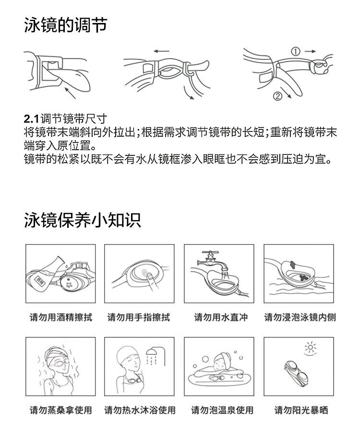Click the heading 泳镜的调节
coord(65,25)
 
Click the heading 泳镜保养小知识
coord(83,220)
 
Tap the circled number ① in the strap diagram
coord(295,51)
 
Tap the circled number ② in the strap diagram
coord(277,96)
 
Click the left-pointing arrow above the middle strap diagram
coord(161,51)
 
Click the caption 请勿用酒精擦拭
coord(61,317)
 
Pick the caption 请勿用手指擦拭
coord(139,317)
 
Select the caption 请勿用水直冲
coord(221,317)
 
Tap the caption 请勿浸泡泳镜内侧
coord(300,317)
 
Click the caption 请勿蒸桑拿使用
coord(61,410)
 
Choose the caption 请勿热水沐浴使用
coord(140,410)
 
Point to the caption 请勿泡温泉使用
coord(222,410)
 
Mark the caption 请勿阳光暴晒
coord(301,410)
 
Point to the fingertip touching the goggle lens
coord(149,275)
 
